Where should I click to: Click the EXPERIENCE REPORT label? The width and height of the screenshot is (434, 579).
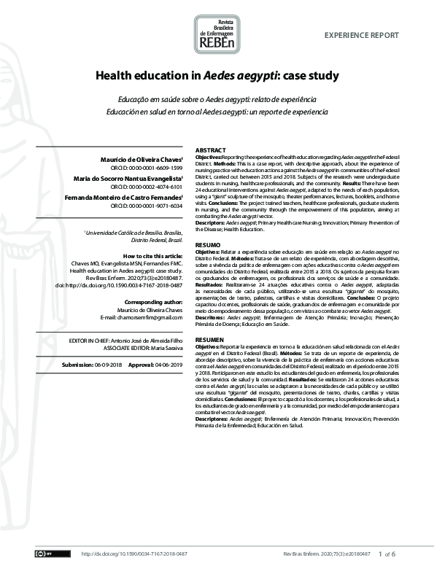tap(361, 35)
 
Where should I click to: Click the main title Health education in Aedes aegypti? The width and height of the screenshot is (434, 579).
tap(216, 75)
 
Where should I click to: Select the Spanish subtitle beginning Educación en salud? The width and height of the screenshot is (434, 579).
tap(217, 113)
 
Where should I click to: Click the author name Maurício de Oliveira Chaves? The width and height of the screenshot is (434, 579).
tap(141, 159)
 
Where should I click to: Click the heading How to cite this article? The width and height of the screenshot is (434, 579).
tap(152, 256)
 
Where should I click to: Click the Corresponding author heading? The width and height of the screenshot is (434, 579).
tap(154, 301)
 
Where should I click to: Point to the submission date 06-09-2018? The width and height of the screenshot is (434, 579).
tap(106, 364)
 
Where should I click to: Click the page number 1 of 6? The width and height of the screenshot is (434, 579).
tap(387, 554)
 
